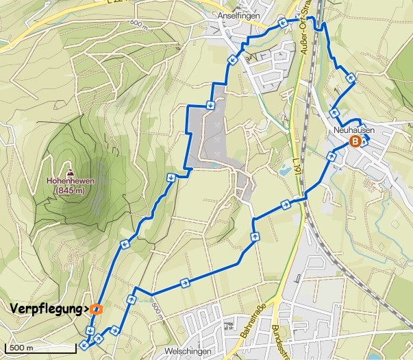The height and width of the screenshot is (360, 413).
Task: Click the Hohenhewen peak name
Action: (x=70, y=181)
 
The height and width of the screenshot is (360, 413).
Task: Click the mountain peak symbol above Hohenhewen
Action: (x=70, y=171)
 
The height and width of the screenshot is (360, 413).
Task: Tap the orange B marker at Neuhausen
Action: (x=355, y=142)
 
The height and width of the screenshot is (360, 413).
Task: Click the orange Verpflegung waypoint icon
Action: (x=96, y=309)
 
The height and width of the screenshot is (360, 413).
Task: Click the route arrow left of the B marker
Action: (x=331, y=156)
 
